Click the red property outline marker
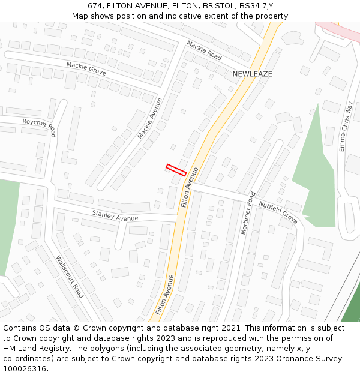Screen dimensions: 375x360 176,170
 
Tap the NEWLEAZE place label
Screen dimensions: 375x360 252,74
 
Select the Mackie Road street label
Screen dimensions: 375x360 204,50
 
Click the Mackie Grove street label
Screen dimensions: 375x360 86,68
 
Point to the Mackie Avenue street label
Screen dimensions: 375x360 150,118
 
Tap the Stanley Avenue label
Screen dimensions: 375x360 115,215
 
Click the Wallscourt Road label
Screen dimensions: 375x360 70,277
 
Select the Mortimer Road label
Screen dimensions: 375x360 248,213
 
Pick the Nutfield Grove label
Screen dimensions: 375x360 278,212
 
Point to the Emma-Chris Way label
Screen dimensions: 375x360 346,127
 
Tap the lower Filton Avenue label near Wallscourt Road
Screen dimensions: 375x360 164,295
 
